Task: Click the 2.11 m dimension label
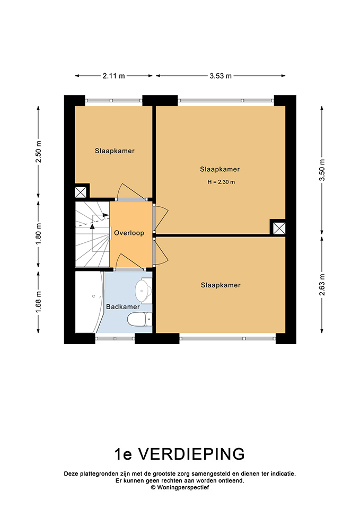coord(113,76)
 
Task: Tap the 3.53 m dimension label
coord(221,76)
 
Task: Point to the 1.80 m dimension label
coord(39,234)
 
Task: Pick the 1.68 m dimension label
coord(39,302)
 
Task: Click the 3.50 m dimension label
coord(322,170)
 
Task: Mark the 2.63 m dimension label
coord(322,285)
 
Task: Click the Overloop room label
coord(129,233)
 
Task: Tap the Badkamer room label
coord(122,307)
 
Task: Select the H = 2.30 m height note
coord(221,182)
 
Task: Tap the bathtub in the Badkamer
coord(89,302)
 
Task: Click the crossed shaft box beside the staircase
coord(81,192)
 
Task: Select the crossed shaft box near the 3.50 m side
coord(279,228)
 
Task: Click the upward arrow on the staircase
coord(92,234)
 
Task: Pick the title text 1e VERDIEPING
coord(180,454)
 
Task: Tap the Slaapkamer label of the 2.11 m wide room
coord(115,151)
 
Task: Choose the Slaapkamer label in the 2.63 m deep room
coord(221,285)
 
